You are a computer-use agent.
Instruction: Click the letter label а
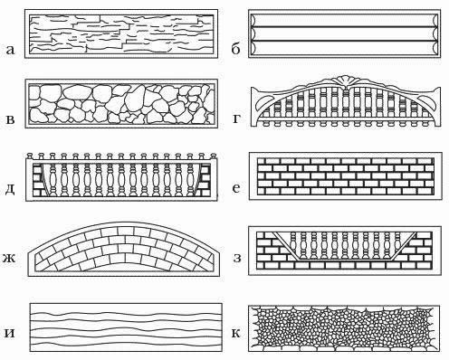coord(10,50)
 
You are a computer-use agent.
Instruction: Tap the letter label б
coord(235,48)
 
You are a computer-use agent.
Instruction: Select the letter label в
coord(10,119)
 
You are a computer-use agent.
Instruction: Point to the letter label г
coord(236,119)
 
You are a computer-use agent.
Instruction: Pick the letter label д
coord(10,191)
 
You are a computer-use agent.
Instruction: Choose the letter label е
coord(236,188)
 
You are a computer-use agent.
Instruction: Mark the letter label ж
coord(9,259)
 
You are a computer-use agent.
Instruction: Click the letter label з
coord(237,259)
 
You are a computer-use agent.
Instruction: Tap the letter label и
coord(10,334)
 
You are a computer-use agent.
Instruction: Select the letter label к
coord(236,334)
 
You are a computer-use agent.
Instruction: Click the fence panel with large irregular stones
coord(121,104)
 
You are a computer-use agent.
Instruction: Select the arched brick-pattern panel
coord(124,249)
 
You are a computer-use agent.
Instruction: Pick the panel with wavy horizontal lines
coord(126,327)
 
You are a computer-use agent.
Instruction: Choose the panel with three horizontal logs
coord(344,33)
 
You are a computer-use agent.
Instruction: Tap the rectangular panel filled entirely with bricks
coord(346,176)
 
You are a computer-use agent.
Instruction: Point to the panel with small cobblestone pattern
coord(344,328)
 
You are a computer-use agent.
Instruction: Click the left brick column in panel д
coord(37,180)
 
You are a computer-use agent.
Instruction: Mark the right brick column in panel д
coord(205,180)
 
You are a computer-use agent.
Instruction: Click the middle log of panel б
coord(344,33)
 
